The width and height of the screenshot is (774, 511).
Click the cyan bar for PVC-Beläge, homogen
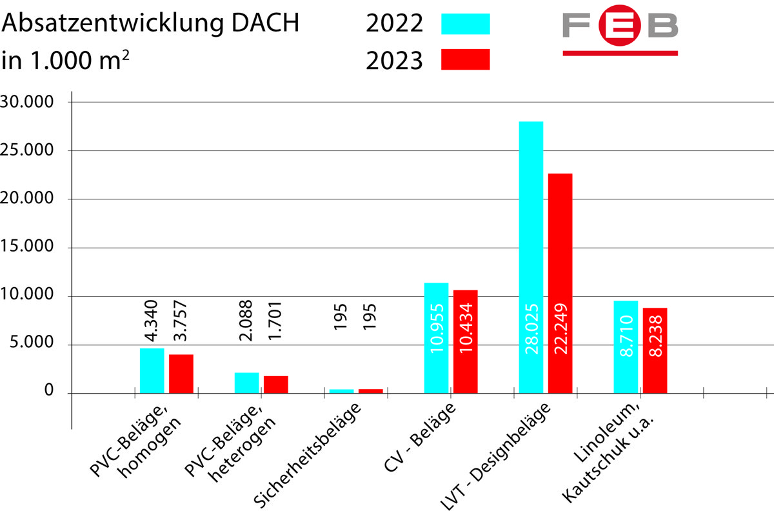(x=152, y=370)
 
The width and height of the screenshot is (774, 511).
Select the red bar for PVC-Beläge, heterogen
(x=276, y=385)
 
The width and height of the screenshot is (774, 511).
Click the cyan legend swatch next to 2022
(x=466, y=24)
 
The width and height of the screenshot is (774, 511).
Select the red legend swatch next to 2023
(x=466, y=59)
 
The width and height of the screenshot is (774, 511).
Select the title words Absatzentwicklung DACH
(x=152, y=24)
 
